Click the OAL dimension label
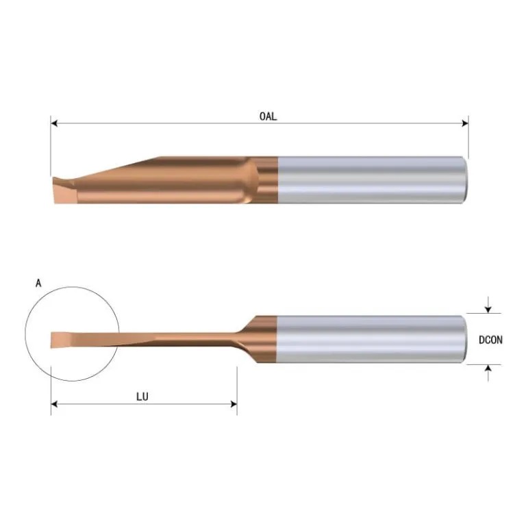pos(268,116)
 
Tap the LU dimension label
pos(143,397)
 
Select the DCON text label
pos(492,339)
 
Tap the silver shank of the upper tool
pos(370,179)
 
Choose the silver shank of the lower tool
pos(370,339)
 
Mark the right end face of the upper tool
pos(465,179)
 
